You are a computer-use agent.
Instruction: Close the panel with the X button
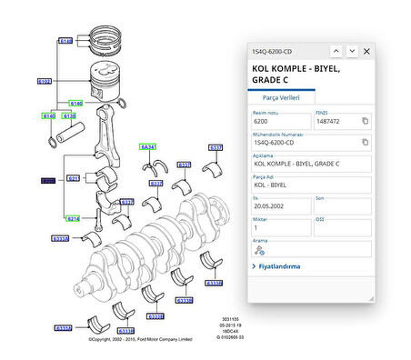coord(366,52)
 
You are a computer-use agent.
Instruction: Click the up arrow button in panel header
coord(336,52)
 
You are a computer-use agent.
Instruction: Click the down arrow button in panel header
coord(352,52)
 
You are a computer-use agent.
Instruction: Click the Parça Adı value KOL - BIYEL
coord(309,185)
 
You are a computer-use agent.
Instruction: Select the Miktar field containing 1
coord(280,227)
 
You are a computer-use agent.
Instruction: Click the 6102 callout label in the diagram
coord(44,81)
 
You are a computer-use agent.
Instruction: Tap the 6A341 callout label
coord(148,146)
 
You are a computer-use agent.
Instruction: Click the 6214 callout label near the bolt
coord(72,219)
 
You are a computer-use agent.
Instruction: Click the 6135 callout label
coord(68,116)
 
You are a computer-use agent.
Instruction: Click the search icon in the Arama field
coord(260,249)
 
